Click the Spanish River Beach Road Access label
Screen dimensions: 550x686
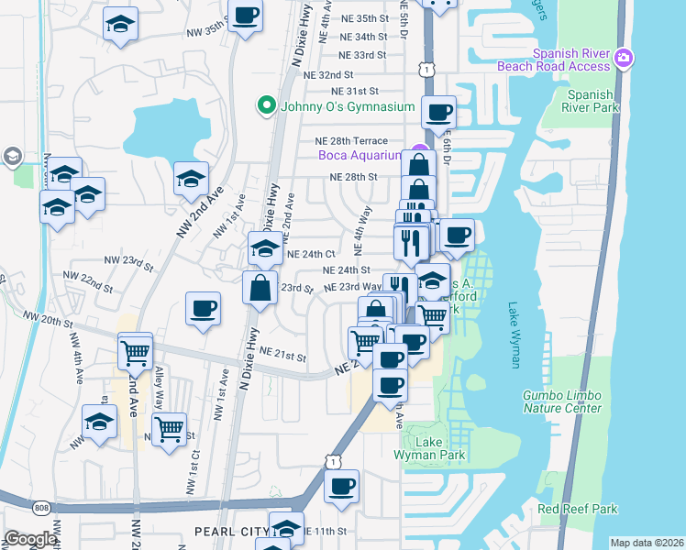[553, 60]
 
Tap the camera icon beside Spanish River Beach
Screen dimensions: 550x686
[624, 59]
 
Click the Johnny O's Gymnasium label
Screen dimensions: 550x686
[348, 106]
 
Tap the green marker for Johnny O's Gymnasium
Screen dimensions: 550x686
[267, 106]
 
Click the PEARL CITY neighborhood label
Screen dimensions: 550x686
[228, 532]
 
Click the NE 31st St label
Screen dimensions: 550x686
[355, 92]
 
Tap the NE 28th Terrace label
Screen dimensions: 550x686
[351, 141]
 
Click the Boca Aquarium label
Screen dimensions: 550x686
[360, 156]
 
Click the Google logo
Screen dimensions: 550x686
[29, 539]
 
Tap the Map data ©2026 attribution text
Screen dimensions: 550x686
[647, 543]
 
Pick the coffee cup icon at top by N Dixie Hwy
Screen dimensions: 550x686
[245, 16]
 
